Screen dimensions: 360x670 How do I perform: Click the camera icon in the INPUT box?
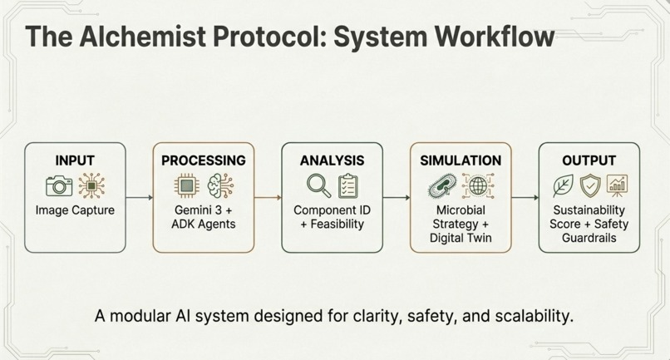pyautogui.click(x=59, y=185)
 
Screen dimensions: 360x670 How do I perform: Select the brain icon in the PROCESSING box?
pyautogui.click(x=219, y=185)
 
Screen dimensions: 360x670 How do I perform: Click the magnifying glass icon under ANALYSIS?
pyautogui.click(x=318, y=185)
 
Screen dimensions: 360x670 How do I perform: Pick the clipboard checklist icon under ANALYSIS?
pyautogui.click(x=347, y=185)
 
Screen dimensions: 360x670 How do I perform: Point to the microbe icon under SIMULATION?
pyautogui.click(x=441, y=185)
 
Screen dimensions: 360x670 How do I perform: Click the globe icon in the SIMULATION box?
pyautogui.click(x=476, y=185)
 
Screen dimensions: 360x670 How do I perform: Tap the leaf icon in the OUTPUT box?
pyautogui.click(x=563, y=185)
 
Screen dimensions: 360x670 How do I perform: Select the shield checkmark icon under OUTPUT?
pyautogui.click(x=589, y=185)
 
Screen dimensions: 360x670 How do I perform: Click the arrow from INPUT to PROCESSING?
pyautogui.click(x=140, y=198)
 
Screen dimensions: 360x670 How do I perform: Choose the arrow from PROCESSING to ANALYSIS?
pyautogui.click(x=268, y=198)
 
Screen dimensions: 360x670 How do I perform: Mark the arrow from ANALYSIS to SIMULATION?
pyautogui.click(x=397, y=198)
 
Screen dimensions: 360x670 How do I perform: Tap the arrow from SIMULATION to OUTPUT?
pyautogui.click(x=525, y=198)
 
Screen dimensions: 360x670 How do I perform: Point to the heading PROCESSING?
pyautogui.click(x=204, y=160)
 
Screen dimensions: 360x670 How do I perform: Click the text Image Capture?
pyautogui.click(x=75, y=210)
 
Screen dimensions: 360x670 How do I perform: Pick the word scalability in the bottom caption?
pyautogui.click(x=529, y=317)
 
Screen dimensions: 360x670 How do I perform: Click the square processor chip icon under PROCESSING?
pyautogui.click(x=186, y=185)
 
